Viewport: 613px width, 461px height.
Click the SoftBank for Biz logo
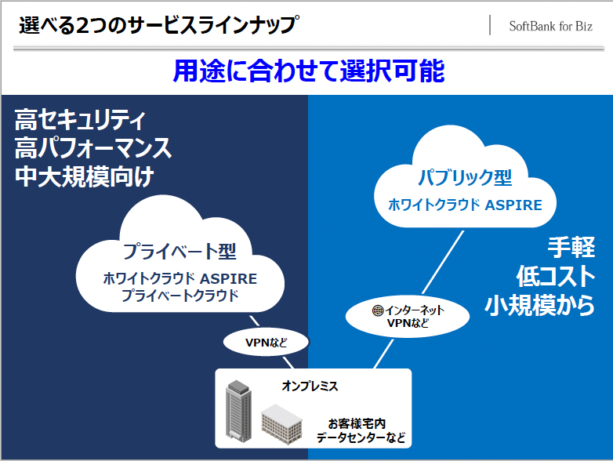pyautogui.click(x=550, y=26)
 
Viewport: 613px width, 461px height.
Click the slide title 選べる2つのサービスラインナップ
pyautogui.click(x=159, y=25)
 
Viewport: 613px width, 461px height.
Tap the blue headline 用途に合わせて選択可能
pyautogui.click(x=308, y=71)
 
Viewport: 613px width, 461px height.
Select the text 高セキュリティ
pyautogui.click(x=80, y=120)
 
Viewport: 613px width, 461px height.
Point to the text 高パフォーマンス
pyautogui.click(x=93, y=148)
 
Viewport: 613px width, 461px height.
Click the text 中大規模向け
pyautogui.click(x=84, y=176)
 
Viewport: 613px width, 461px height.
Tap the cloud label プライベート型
pyautogui.click(x=180, y=252)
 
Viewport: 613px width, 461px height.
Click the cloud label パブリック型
pyautogui.click(x=465, y=177)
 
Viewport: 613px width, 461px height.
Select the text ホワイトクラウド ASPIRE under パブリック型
pyautogui.click(x=465, y=205)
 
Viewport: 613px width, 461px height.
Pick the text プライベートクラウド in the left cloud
pyautogui.click(x=180, y=296)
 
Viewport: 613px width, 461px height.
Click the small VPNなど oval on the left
pyautogui.click(x=267, y=343)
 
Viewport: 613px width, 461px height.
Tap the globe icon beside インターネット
pyautogui.click(x=378, y=310)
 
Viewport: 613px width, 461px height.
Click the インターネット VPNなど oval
pyautogui.click(x=408, y=317)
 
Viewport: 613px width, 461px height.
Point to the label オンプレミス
pyautogui.click(x=310, y=387)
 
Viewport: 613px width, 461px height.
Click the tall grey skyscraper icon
pyautogui.click(x=238, y=410)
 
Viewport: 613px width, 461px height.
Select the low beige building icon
pyautogui.click(x=281, y=425)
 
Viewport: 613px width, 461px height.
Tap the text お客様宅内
pyautogui.click(x=357, y=423)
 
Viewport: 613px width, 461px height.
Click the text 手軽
pyautogui.click(x=571, y=248)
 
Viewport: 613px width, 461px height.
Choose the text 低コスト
pyautogui.click(x=556, y=277)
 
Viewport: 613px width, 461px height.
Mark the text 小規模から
pyautogui.click(x=540, y=306)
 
